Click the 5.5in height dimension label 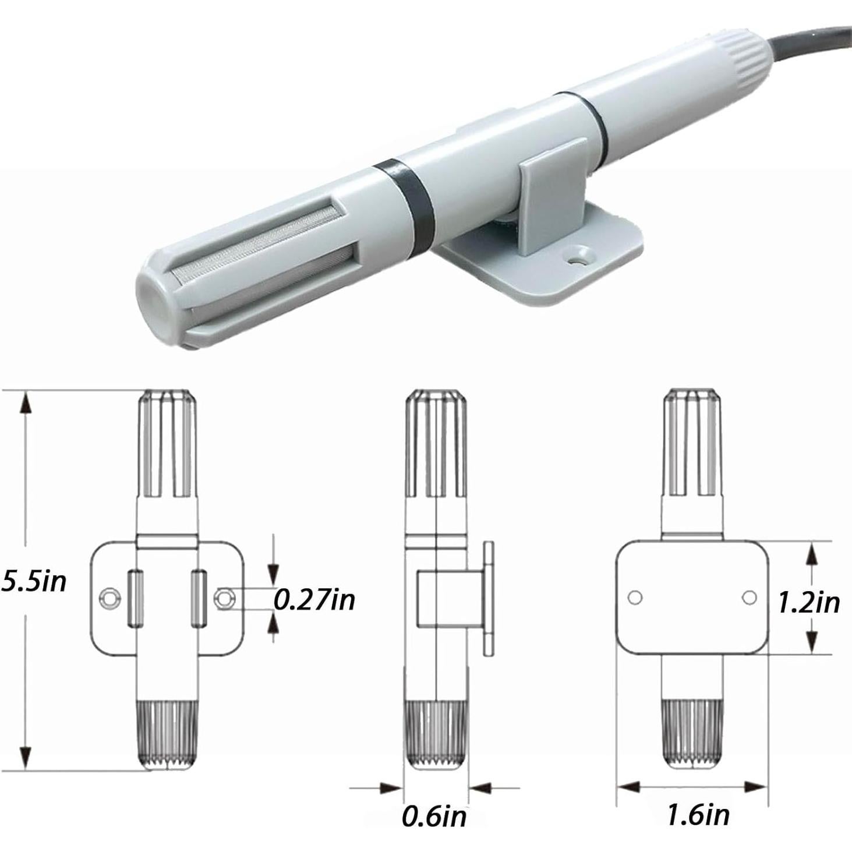[34, 581]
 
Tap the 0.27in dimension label [314, 599]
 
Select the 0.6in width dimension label [434, 815]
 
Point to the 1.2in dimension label [809, 602]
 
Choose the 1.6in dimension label [698, 814]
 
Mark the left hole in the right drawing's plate [635, 598]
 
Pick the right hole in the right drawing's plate [750, 598]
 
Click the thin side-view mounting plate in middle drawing [488, 598]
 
